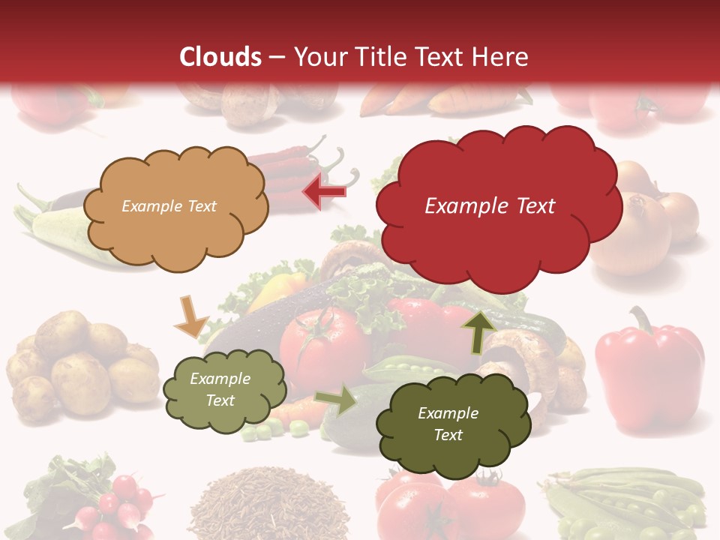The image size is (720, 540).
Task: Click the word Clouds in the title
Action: (220, 57)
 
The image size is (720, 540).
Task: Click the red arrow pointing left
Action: (325, 192)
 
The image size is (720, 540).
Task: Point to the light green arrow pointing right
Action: (336, 400)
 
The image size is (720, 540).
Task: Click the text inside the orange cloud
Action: (169, 206)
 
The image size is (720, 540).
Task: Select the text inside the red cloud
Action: (490, 206)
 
